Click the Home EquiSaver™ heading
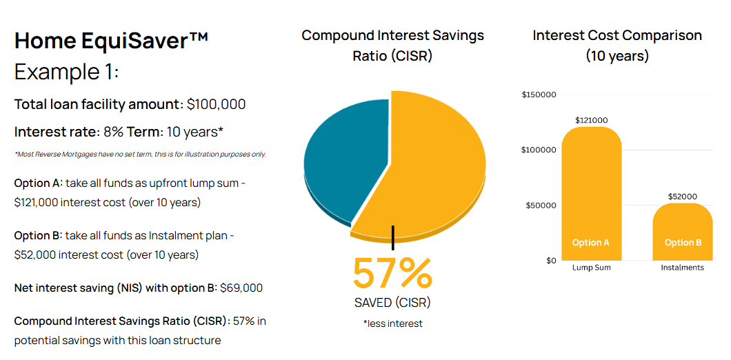click(111, 41)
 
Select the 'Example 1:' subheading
click(67, 72)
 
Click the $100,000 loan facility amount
click(217, 105)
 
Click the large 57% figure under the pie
click(392, 273)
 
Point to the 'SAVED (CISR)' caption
click(392, 303)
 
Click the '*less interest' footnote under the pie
click(392, 323)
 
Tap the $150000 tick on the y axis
click(539, 95)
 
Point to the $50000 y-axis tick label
click(541, 206)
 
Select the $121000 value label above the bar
click(591, 120)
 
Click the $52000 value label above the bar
click(683, 197)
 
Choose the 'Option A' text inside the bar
click(591, 243)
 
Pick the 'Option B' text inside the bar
click(683, 243)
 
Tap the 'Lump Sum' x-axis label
click(591, 268)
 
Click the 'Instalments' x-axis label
click(683, 268)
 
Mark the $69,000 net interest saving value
click(241, 288)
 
